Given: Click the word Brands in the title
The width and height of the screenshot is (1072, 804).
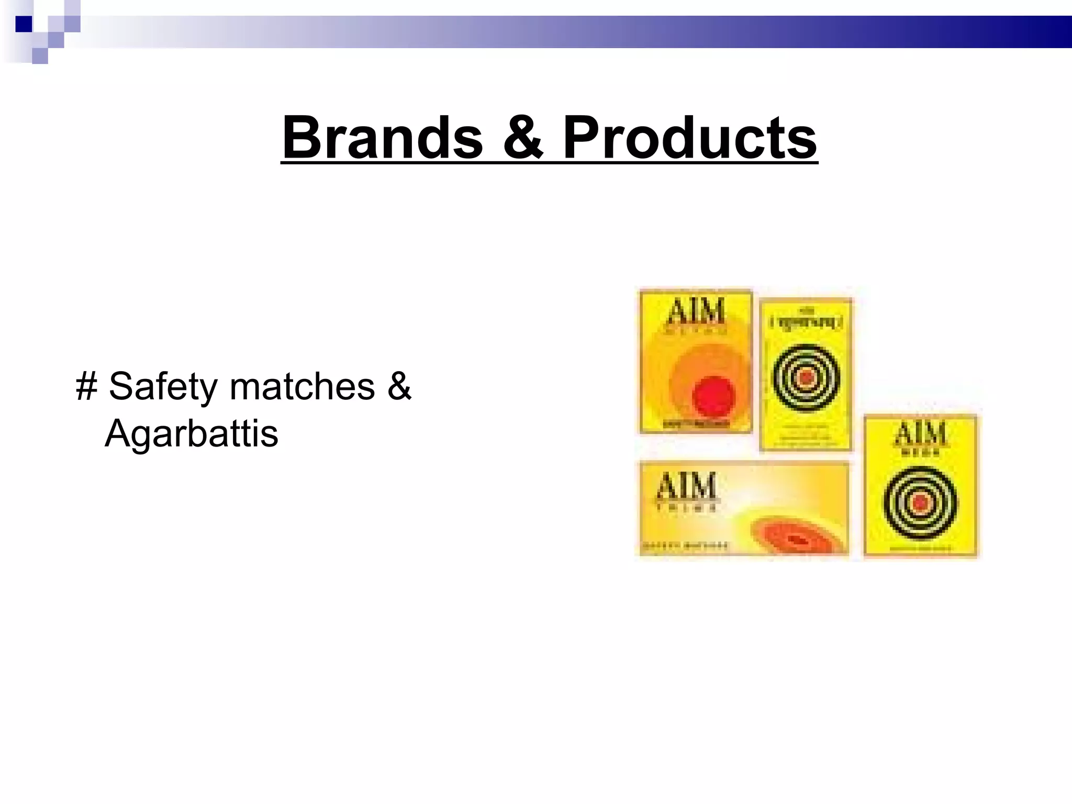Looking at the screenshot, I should pyautogui.click(x=382, y=138).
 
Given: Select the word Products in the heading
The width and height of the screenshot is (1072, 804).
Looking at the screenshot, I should pyautogui.click(x=690, y=138).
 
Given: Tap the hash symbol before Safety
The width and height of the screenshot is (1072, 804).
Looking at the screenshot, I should pyautogui.click(x=86, y=386).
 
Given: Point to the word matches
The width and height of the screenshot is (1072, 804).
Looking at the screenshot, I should pyautogui.click(x=302, y=386).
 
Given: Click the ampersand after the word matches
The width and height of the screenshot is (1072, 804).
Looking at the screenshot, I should pyautogui.click(x=400, y=386).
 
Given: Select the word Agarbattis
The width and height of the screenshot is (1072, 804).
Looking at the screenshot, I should pyautogui.click(x=192, y=433).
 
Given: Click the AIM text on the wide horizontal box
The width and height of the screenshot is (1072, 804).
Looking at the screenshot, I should pyautogui.click(x=686, y=486).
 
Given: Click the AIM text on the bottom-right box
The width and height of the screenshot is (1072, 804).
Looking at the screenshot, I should pyautogui.click(x=920, y=434).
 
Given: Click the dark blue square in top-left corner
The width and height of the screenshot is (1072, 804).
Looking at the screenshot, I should pyautogui.click(x=24, y=24).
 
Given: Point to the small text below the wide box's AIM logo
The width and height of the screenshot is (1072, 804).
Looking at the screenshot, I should pyautogui.click(x=686, y=507).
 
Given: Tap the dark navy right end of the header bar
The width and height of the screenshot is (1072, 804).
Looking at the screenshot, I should pyautogui.click(x=1042, y=31).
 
